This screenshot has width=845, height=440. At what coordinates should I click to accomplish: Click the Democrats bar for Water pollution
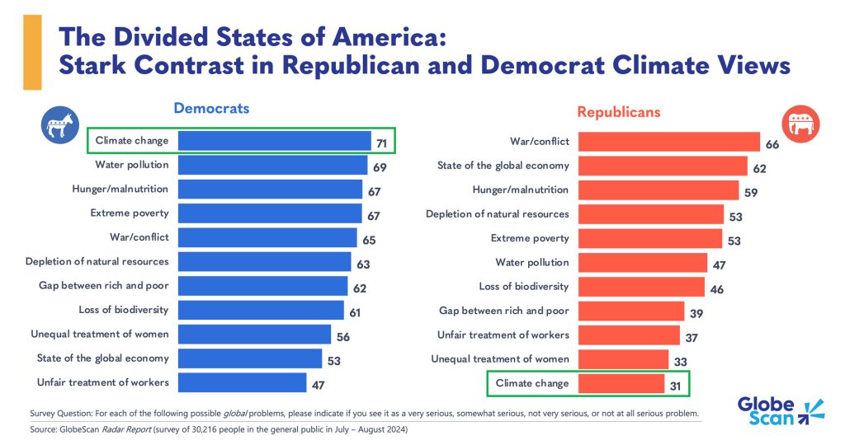tap(272, 165)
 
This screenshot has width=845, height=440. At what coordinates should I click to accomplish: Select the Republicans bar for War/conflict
tap(668, 142)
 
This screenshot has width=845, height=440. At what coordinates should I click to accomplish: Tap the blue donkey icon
tap(58, 126)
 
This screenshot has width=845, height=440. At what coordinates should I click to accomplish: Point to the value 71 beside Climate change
tap(383, 143)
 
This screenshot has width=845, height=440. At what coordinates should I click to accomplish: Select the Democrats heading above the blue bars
tap(210, 109)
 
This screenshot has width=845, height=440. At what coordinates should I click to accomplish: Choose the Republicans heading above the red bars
tap(618, 111)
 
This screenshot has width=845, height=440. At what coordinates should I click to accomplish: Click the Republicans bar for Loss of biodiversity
tap(641, 287)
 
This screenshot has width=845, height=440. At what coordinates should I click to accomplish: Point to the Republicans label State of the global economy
tap(503, 166)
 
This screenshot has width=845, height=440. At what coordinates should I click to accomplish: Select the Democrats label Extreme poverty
tap(130, 213)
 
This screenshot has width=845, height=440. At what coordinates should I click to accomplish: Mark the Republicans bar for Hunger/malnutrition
tap(658, 190)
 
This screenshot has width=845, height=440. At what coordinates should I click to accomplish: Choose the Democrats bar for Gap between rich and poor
tap(262, 286)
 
